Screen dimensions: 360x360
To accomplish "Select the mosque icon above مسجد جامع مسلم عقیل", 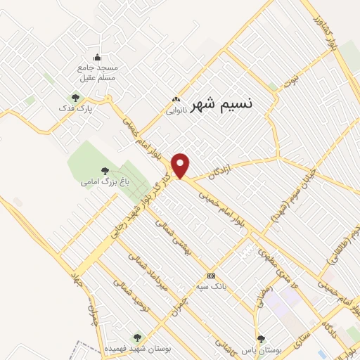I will coord(97,58).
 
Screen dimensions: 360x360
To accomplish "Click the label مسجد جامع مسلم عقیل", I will coord(96,72).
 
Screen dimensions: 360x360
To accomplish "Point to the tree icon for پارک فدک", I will coord(75,97).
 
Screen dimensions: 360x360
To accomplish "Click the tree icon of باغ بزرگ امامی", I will coord(105,170).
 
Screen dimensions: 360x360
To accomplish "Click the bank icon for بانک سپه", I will coord(211,276).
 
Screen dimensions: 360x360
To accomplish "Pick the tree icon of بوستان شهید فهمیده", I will coord(137,337).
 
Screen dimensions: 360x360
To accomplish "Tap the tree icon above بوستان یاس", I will coord(262,339).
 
